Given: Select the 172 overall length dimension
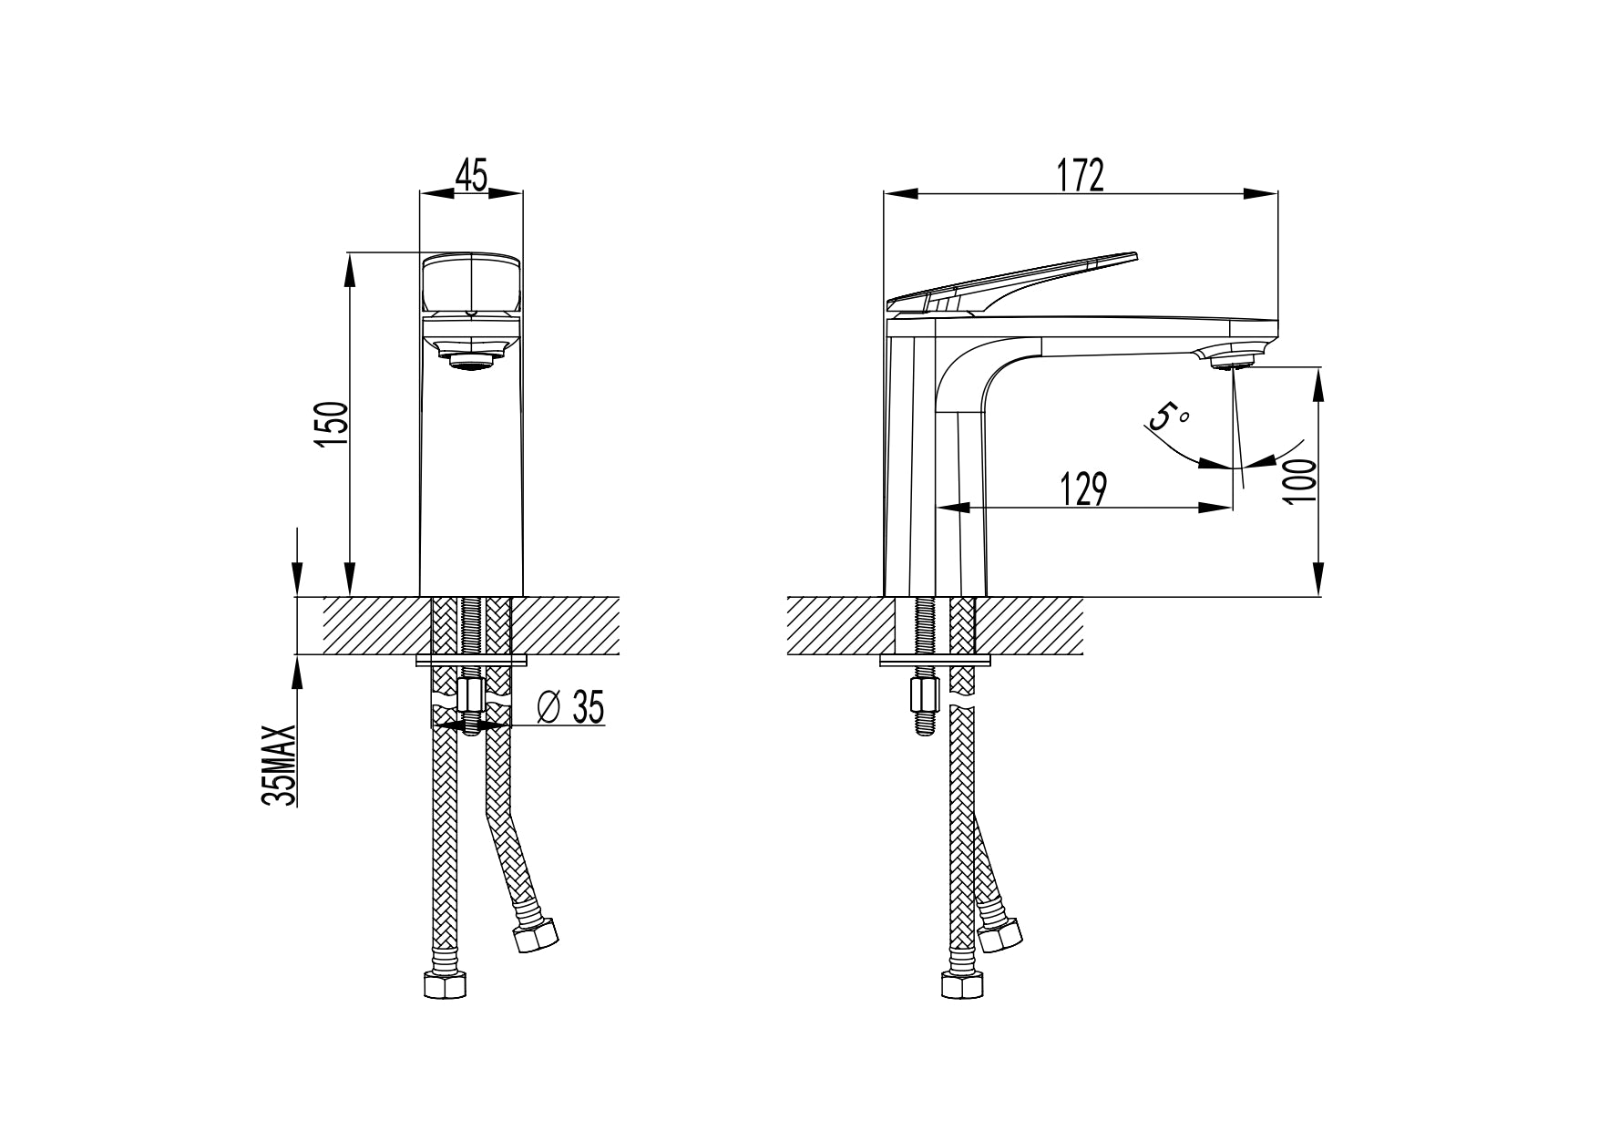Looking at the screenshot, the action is click(1081, 174).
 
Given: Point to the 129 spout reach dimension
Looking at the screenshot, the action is click(1083, 488).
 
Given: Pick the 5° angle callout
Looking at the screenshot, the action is click(1170, 417).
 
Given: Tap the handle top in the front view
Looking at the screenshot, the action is click(472, 282).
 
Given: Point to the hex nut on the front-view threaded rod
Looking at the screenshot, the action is click(472, 698).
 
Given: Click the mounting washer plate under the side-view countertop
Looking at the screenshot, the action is click(935, 659).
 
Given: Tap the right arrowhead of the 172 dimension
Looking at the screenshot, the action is click(1262, 193).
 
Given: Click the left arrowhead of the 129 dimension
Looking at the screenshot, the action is click(951, 508).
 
